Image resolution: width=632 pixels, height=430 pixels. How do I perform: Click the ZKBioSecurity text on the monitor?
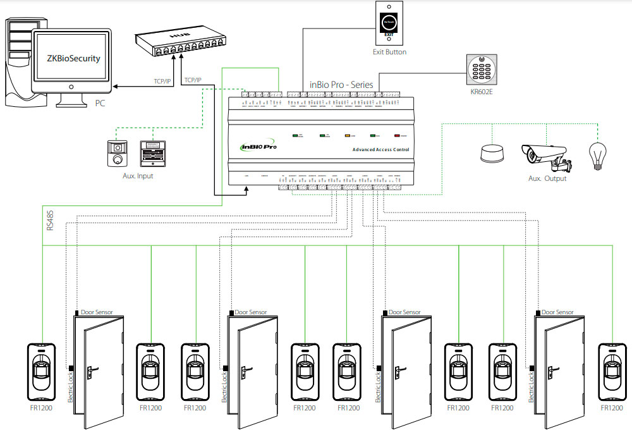click(x=73, y=58)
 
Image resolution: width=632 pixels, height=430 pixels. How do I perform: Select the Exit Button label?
click(x=389, y=52)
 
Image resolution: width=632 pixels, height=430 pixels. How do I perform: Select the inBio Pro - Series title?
click(x=341, y=84)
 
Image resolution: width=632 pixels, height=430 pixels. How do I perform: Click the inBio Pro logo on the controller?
click(x=260, y=147)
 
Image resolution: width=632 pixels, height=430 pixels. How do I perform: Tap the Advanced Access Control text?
click(x=380, y=150)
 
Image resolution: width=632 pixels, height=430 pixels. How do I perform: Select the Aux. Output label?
click(x=547, y=179)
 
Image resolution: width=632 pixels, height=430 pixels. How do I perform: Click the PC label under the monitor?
click(x=100, y=102)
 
